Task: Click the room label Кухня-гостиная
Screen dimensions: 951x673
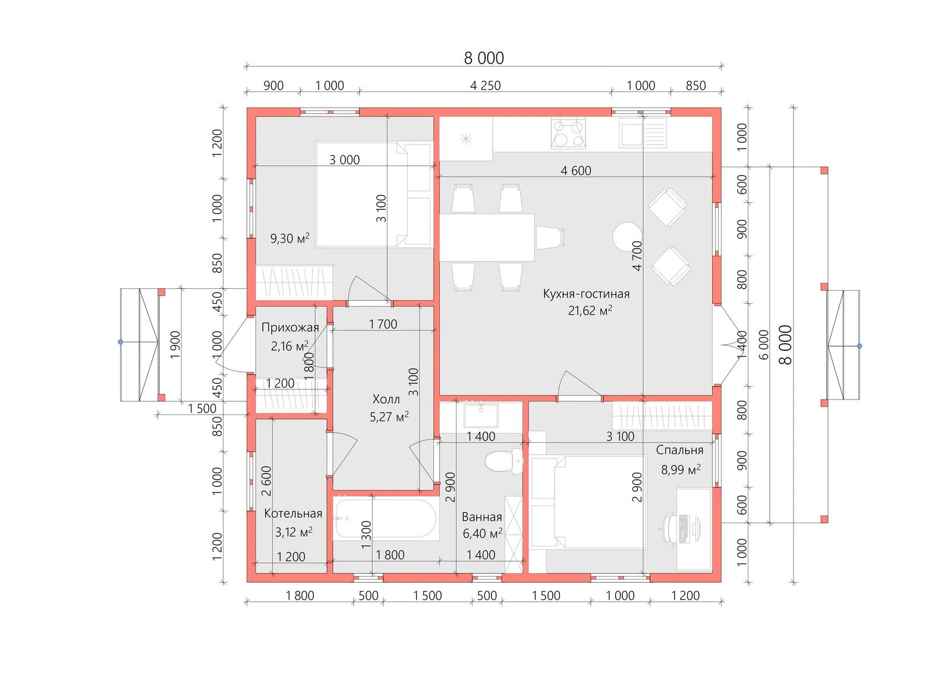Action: tap(586, 294)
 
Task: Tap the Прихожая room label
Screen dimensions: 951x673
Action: tap(290, 328)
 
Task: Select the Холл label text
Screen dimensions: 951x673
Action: tap(386, 399)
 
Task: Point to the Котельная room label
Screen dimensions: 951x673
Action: tap(293, 513)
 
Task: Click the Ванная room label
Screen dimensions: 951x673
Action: tap(482, 517)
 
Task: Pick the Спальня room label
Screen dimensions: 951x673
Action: tap(679, 450)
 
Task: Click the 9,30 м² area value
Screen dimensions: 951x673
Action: tap(289, 238)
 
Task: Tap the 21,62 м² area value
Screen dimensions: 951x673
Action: tap(590, 310)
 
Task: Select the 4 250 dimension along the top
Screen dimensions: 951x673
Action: tap(485, 86)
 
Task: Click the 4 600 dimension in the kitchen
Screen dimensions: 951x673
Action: tap(576, 171)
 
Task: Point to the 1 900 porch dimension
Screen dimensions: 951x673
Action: tap(175, 345)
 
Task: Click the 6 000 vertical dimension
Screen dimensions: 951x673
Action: tap(763, 345)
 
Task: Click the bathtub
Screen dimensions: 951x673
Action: tap(386, 519)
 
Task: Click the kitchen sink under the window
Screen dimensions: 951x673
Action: tap(643, 133)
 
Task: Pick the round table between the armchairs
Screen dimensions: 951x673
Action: tap(627, 237)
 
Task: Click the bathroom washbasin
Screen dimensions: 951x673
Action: tap(481, 415)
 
